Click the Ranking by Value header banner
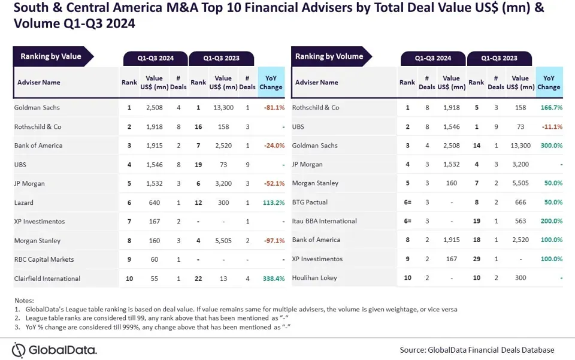[x=51, y=57]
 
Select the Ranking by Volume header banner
[x=329, y=57]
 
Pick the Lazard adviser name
[x=24, y=203]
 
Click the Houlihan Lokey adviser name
[x=314, y=278]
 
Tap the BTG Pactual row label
[x=310, y=202]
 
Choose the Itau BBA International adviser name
[x=324, y=221]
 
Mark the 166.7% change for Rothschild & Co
[x=549, y=108]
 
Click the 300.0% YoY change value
[x=549, y=146]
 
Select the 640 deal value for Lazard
[x=155, y=203]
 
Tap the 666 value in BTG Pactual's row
[x=520, y=202]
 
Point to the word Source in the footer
[x=413, y=350]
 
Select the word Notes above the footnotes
[x=25, y=301]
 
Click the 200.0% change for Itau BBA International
[x=549, y=221]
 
